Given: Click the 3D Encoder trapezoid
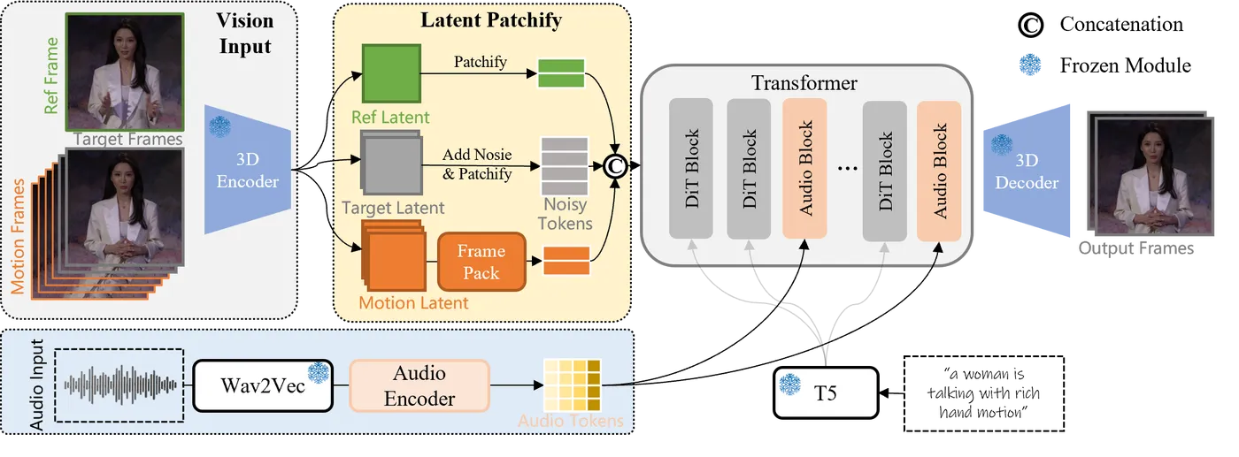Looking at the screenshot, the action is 248,169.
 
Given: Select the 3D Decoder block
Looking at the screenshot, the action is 1027,171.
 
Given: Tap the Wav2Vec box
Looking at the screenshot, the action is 263,385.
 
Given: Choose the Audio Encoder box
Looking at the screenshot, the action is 419,385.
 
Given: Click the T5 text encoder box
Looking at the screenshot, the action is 826,392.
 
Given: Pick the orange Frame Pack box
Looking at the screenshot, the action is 481,262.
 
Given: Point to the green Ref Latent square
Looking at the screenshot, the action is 391,73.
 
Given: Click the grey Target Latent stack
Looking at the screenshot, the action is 391,162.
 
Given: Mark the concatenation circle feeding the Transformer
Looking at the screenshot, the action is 615,166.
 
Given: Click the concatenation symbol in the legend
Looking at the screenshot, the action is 1030,25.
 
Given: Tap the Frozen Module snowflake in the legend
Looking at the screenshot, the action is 1030,65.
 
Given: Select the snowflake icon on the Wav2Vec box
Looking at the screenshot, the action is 319,372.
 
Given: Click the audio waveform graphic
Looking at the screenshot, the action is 120,385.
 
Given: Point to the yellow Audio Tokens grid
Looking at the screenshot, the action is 572,385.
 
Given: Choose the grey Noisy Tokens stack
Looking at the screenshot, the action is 565,166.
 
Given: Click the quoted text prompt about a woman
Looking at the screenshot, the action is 983,392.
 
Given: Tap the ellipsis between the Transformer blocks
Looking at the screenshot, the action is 848,168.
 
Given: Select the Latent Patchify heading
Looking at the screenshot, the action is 491,20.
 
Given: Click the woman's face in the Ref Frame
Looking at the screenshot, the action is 124,39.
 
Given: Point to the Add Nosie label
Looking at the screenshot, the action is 477,154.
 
